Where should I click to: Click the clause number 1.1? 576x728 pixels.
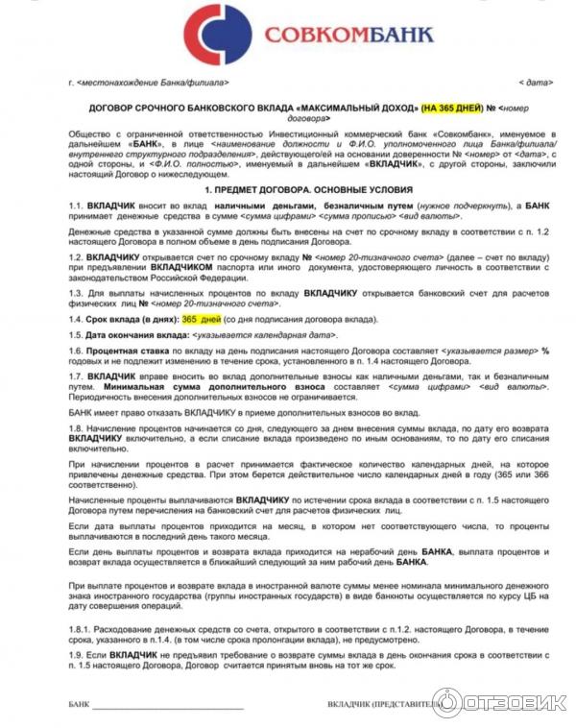pos(77,207)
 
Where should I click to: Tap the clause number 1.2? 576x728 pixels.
pos(77,258)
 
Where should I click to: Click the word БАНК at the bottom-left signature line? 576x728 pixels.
pos(79,705)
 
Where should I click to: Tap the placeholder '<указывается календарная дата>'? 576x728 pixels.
pos(264,334)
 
